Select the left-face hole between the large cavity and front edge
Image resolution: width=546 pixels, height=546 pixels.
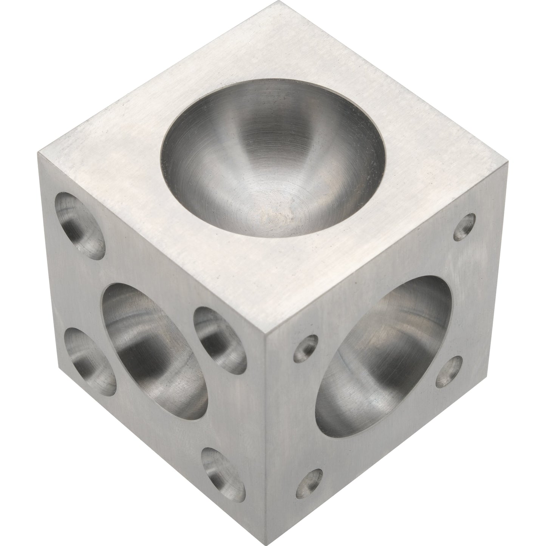click(219, 340)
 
